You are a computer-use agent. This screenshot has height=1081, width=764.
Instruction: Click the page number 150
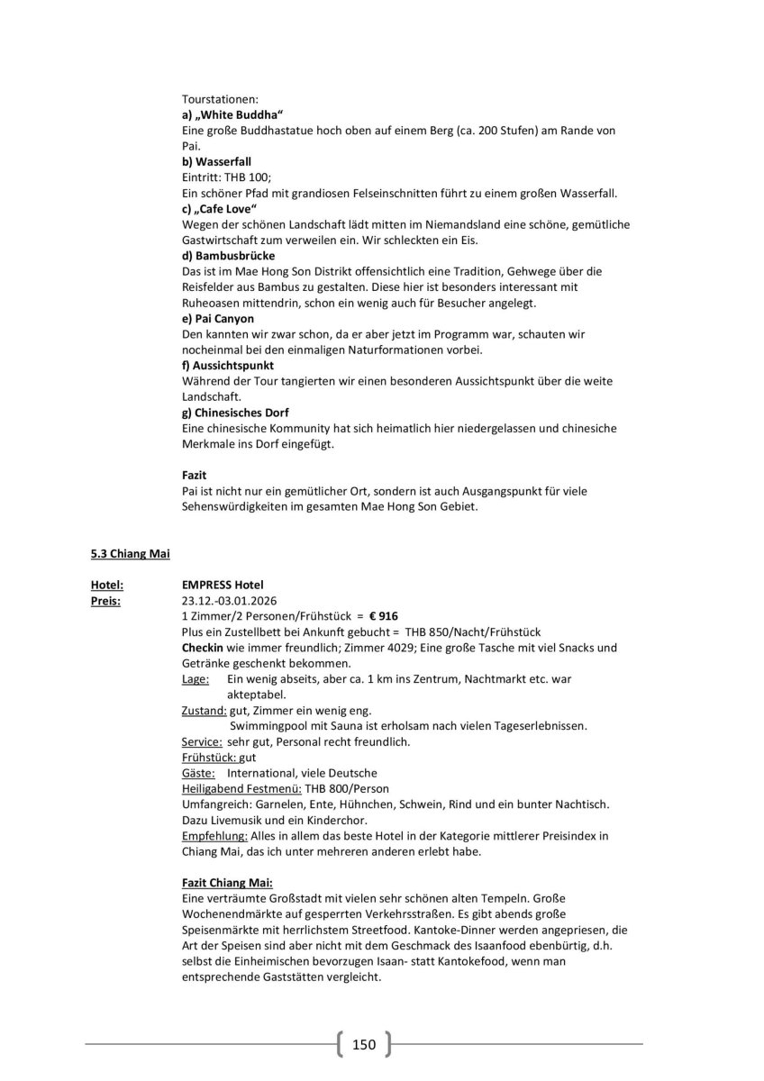[x=363, y=1045]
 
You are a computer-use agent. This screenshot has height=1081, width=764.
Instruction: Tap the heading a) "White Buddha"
[x=232, y=116]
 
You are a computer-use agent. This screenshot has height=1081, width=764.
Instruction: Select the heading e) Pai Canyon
[x=217, y=318]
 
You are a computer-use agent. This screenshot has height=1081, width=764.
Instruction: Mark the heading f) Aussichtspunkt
[x=227, y=365]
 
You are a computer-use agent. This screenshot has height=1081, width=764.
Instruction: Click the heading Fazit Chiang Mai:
[x=226, y=884]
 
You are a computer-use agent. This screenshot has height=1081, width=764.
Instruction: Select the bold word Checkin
[x=203, y=648]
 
